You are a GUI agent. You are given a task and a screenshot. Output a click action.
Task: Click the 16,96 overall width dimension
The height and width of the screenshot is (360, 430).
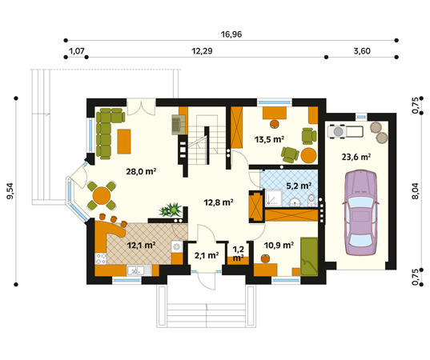click(x=231, y=34)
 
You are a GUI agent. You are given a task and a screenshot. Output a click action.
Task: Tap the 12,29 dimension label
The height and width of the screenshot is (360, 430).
click(x=202, y=51)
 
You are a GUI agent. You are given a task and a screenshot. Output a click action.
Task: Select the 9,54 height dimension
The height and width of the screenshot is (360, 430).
click(x=10, y=190)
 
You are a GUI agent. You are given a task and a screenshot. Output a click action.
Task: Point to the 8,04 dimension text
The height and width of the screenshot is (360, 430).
click(x=416, y=191)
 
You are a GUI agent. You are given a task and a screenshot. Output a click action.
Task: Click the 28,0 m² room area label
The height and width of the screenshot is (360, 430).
click(x=141, y=171)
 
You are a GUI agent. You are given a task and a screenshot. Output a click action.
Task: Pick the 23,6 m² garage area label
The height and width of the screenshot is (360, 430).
click(x=356, y=157)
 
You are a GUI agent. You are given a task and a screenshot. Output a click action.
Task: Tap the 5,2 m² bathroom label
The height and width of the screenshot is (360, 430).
click(x=299, y=186)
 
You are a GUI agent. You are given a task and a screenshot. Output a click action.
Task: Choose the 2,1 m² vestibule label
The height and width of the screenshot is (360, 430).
click(x=207, y=255)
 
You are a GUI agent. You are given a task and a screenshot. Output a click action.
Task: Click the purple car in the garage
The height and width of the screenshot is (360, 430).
click(x=360, y=213)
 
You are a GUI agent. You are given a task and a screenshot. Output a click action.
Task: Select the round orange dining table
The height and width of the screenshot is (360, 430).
click(x=102, y=195)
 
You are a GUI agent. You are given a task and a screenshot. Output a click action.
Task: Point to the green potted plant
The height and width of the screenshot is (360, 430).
click(x=171, y=210)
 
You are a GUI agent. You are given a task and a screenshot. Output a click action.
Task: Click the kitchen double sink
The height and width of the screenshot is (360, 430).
click(x=139, y=270)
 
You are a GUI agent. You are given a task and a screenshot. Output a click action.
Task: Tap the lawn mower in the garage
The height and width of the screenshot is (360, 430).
click(x=346, y=131)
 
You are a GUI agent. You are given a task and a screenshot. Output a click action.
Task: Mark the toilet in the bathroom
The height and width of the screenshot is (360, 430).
click(x=311, y=200)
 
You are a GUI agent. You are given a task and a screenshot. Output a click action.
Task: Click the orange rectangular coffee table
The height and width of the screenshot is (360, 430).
click(x=124, y=142)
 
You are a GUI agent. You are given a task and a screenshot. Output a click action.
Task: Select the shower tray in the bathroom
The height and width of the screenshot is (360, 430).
click(x=274, y=198)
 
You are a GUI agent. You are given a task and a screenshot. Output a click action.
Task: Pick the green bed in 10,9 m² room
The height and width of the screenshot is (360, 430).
click(x=309, y=257)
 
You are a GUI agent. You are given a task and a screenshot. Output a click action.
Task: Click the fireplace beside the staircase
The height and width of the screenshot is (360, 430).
click(x=179, y=125)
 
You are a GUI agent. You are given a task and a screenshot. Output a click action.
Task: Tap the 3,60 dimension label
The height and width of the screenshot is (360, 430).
click(x=362, y=51)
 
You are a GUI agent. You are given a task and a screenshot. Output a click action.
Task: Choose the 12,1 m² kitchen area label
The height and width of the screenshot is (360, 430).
click(x=142, y=245)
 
